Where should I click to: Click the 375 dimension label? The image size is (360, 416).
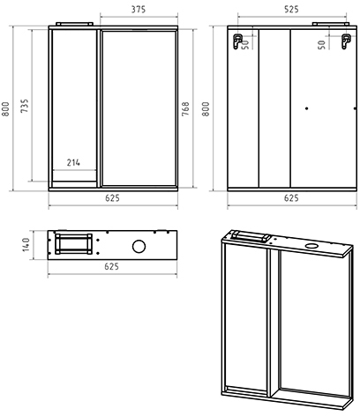coord(139,10)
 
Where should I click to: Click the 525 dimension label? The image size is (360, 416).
coord(291,10)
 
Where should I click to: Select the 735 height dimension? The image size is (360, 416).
coord(25,106)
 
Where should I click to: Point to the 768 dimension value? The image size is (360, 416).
coord(185,108)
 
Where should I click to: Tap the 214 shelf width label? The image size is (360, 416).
coord(73,162)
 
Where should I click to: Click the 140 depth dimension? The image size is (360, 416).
coord(26,244)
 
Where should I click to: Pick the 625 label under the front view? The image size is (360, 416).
coord(113,198)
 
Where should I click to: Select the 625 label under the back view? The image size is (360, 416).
coord(291,198)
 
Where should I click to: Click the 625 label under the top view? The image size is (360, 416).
coord(112,266)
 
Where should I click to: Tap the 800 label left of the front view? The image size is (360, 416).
coord(5,108)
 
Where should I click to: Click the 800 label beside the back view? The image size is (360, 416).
coord(206,108)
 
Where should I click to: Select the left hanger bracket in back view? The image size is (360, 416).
coord(237,41)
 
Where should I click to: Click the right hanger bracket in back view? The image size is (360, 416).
coord(346,41)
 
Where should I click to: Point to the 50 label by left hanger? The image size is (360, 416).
coord(244,45)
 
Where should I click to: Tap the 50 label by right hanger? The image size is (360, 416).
coord(322,45)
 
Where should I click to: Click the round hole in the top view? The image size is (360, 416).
coord(139,247)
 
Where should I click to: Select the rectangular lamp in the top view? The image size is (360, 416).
coord(73,244)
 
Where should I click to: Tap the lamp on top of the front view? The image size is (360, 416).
coord(74,24)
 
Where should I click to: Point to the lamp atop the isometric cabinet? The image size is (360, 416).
coord(250,236)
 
